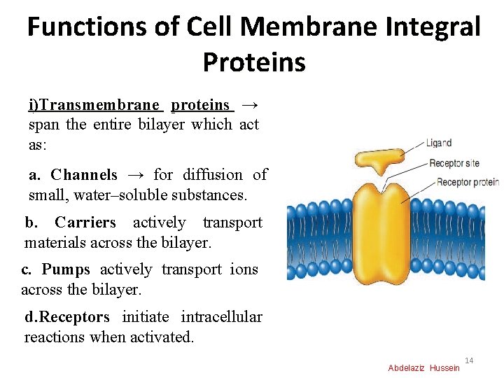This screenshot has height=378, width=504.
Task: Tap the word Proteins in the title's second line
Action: point(254,62)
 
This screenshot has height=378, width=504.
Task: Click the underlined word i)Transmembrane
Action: point(94,105)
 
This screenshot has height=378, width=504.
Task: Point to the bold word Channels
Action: point(84,174)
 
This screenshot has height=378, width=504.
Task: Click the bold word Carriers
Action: point(85,223)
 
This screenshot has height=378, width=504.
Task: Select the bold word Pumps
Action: point(66,269)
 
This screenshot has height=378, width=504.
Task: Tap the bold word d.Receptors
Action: point(67,316)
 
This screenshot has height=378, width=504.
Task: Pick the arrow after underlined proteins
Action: point(249,105)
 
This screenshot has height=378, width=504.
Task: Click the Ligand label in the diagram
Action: point(439,143)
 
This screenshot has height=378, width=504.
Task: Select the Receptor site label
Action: point(454,163)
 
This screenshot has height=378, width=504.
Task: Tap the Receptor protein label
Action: point(468,182)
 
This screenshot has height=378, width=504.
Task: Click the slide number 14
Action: point(469,360)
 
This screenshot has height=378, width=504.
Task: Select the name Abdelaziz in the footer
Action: point(407,368)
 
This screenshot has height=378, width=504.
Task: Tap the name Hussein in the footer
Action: point(445,368)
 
